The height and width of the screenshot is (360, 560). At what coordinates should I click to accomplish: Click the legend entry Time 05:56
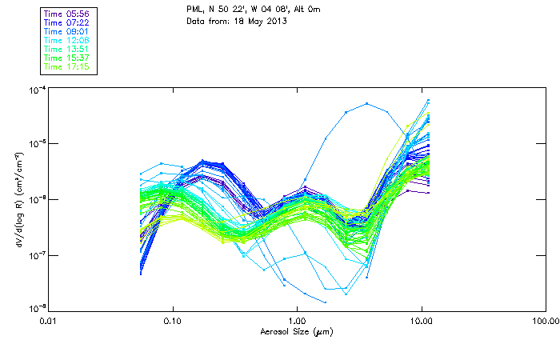68,14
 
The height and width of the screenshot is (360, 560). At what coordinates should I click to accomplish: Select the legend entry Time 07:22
68,22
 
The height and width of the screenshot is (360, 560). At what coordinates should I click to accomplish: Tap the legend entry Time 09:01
68,31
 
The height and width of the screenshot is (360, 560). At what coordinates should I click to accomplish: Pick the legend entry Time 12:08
68,40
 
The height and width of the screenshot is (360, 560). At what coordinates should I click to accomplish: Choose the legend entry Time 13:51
68,49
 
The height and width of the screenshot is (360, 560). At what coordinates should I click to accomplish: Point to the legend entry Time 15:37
68,58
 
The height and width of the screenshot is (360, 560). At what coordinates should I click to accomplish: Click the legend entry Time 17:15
68,66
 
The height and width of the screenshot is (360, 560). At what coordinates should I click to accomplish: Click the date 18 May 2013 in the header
260,20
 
